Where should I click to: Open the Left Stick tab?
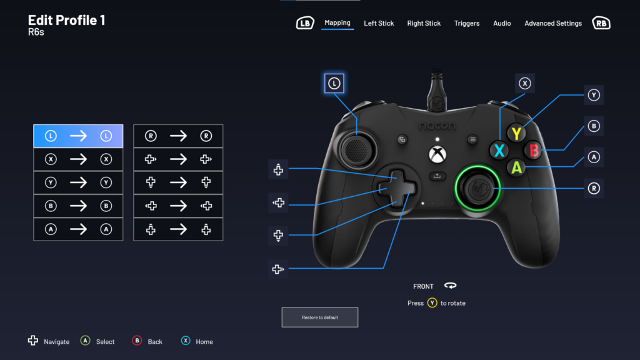(x=379, y=23)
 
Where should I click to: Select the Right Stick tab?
(x=424, y=23)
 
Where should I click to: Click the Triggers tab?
(x=466, y=23)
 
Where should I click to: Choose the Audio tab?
(x=502, y=23)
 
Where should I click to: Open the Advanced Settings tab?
(x=553, y=23)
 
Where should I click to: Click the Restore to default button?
(x=319, y=317)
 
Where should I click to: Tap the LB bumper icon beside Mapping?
(x=305, y=23)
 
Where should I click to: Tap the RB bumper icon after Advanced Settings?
(x=601, y=23)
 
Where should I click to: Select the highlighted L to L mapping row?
(x=78, y=136)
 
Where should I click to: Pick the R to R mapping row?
(x=178, y=136)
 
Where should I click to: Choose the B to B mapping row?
(x=78, y=206)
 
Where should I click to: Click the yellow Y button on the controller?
(x=516, y=134)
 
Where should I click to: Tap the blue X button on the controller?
(x=499, y=151)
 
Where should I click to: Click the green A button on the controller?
(x=516, y=167)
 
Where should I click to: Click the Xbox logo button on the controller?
(x=437, y=154)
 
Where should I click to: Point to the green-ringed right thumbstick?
(x=477, y=188)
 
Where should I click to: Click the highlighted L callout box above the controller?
(x=334, y=83)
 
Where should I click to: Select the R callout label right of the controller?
(x=594, y=188)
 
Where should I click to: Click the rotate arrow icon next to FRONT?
(x=450, y=285)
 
